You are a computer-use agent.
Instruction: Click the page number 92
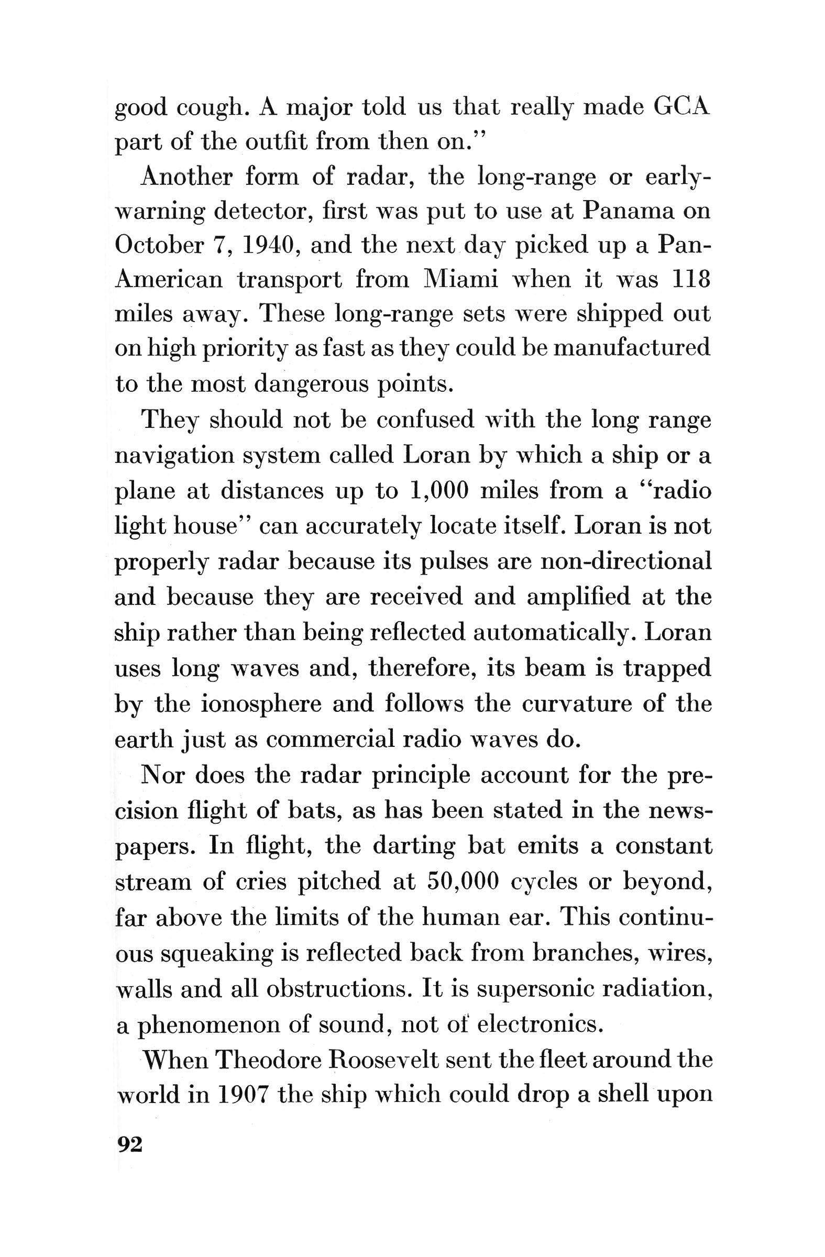click(129, 1144)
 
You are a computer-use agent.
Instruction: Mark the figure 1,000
click(439, 491)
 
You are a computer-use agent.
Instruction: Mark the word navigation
click(174, 455)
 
